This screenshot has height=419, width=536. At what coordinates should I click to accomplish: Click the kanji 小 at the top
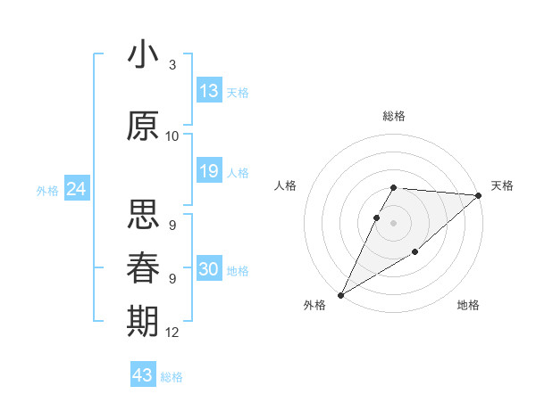click(x=143, y=54)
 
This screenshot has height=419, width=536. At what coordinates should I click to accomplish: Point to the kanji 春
click(x=143, y=267)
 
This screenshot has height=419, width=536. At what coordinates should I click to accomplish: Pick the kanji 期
click(x=143, y=320)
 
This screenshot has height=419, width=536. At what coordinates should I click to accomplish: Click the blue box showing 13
click(x=209, y=91)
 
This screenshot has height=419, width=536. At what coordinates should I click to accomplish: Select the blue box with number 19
click(x=209, y=171)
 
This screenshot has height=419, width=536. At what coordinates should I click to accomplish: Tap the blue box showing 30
click(x=209, y=269)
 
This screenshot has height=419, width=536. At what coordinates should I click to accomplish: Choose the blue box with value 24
click(x=76, y=189)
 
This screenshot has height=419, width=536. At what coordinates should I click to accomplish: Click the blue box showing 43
click(x=142, y=375)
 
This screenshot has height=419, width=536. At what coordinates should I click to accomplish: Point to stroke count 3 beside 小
click(x=172, y=66)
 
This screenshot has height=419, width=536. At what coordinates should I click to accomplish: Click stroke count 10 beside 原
click(x=172, y=136)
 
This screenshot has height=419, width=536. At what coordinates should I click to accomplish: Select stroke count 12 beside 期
click(x=172, y=333)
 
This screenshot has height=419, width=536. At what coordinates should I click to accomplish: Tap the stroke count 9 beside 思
click(x=172, y=226)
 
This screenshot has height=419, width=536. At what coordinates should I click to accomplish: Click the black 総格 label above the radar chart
click(x=394, y=116)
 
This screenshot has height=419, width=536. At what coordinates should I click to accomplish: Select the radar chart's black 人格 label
click(x=285, y=185)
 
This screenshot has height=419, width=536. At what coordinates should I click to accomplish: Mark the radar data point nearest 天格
click(x=479, y=195)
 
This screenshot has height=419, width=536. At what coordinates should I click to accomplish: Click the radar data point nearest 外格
click(x=340, y=295)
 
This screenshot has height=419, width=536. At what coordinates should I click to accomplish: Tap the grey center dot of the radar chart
click(x=394, y=223)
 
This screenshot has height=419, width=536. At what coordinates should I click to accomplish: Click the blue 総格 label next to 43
click(x=172, y=376)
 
